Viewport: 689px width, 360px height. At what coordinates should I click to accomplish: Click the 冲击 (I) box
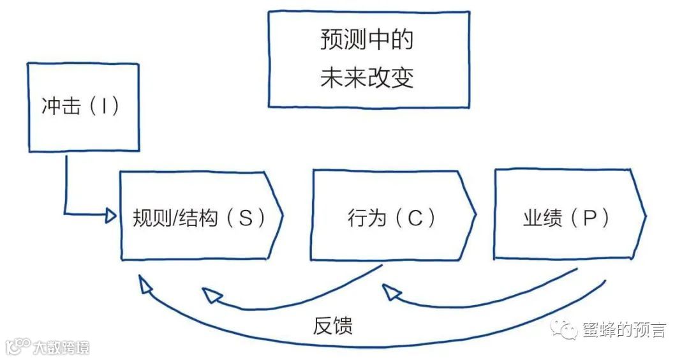point(84,107)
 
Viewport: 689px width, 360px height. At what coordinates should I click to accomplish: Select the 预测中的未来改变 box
point(368,59)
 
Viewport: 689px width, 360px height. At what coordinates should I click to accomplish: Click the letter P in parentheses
point(588,218)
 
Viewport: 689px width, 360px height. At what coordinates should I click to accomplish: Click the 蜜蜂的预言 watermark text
point(624,330)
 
